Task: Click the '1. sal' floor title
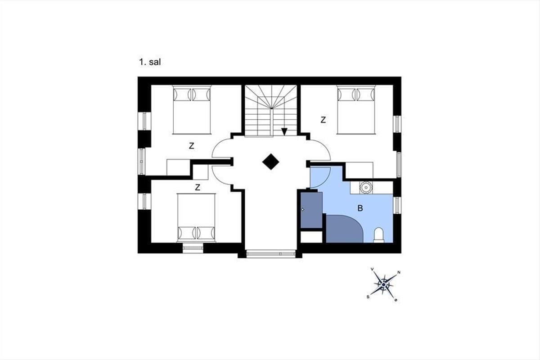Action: coord(150,62)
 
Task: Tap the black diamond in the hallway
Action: coord(271,162)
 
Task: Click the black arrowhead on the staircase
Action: coord(284,132)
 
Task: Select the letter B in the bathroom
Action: coord(360,208)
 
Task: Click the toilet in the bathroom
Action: coord(379,235)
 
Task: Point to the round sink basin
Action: coord(366,187)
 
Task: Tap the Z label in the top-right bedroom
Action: coord(323,120)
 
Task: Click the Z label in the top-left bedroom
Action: coord(192,146)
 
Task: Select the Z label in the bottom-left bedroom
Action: coord(198,187)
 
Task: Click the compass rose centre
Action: coord(383,285)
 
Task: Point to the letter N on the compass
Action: coord(399,272)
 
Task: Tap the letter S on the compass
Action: coord(368,297)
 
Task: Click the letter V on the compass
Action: coord(372,269)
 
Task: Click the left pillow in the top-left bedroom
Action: coord(182,94)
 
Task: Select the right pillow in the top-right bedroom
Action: coord(366,94)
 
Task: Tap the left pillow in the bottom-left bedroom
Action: coord(186,233)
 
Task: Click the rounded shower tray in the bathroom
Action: coord(344,229)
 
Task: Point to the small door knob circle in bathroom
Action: coord(303,210)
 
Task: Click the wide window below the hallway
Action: coord(271,254)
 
